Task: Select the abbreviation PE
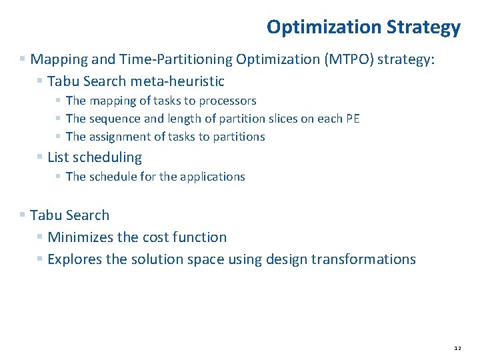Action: coord(353,119)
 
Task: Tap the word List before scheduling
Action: coord(59,157)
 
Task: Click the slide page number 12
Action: coord(457,348)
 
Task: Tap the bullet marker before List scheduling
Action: coord(41,157)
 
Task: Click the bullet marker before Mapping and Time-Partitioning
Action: coord(23,59)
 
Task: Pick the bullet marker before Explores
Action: coord(41,259)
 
